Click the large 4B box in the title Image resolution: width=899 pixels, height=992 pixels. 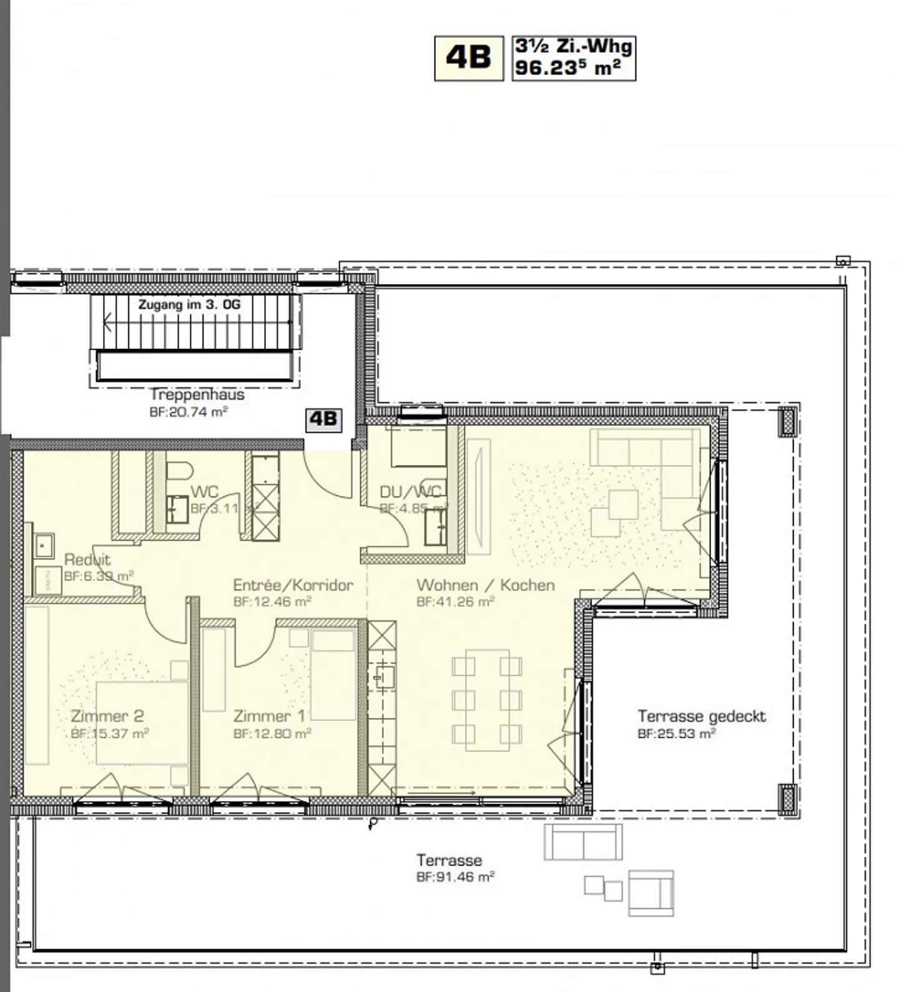coord(468,58)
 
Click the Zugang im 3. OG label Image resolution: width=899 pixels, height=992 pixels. coord(189,305)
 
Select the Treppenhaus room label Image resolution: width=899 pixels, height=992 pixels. coord(197,395)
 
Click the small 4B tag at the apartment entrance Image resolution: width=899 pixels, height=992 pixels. coord(323,419)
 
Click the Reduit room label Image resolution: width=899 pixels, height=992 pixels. coord(87,559)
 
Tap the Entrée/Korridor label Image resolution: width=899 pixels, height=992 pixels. coord(293,585)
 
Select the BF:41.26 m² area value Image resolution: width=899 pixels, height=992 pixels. coord(455,602)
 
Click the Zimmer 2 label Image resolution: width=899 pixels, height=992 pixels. coord(107,716)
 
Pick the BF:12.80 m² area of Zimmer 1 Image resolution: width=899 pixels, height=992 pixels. coord(272,734)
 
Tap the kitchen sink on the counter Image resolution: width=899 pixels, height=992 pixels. coord(383,676)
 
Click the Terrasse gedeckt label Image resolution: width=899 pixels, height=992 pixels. coord(701,716)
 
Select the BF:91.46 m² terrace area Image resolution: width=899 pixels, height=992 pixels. coord(455,877)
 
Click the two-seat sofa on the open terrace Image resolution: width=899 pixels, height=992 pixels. coord(583,842)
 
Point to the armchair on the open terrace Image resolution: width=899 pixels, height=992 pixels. coord(651,893)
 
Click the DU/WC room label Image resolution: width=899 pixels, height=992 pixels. coord(410,492)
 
